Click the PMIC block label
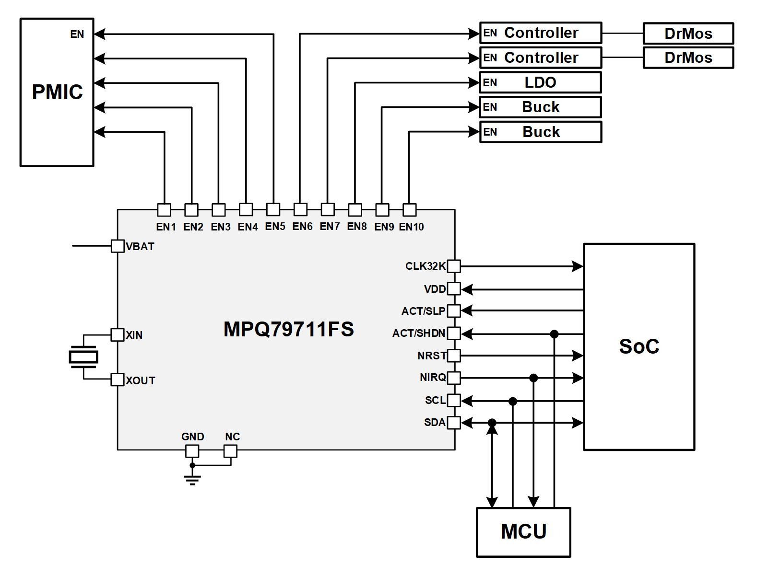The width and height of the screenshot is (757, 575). pyautogui.click(x=57, y=92)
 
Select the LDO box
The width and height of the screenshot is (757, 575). pyautogui.click(x=540, y=82)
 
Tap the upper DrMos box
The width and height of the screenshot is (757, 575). pyautogui.click(x=688, y=33)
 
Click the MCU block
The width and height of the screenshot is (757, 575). pyautogui.click(x=523, y=531)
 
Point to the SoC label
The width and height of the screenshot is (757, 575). pyautogui.click(x=639, y=346)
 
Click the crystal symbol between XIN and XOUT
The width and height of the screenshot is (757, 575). pyautogui.click(x=83, y=357)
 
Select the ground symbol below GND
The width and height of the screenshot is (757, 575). pyautogui.click(x=192, y=479)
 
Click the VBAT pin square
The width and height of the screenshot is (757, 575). pyautogui.click(x=118, y=246)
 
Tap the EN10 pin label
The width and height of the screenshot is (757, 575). pyautogui.click(x=412, y=227)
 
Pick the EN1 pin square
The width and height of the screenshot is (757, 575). pyautogui.click(x=164, y=210)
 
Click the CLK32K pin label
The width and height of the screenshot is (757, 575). pyautogui.click(x=425, y=266)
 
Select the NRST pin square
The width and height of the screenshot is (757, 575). pyautogui.click(x=454, y=356)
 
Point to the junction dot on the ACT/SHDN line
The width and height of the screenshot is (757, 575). pyautogui.click(x=554, y=334)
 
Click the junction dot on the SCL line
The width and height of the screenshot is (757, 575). pyautogui.click(x=513, y=401)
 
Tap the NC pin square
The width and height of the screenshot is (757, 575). pyautogui.click(x=231, y=451)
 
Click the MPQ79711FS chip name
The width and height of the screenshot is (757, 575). pyautogui.click(x=289, y=329)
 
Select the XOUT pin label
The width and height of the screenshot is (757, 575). pyautogui.click(x=141, y=380)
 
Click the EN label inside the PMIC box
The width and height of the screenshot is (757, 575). pyautogui.click(x=77, y=34)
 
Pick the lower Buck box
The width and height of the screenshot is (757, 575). pyautogui.click(x=541, y=132)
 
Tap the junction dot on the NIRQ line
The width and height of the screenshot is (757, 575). pyautogui.click(x=533, y=378)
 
